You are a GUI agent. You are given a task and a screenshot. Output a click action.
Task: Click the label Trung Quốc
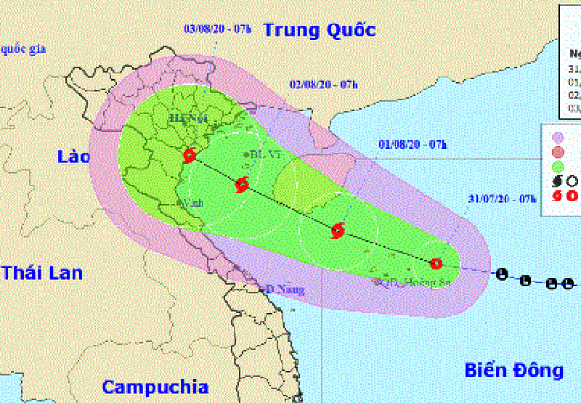click(320, 30)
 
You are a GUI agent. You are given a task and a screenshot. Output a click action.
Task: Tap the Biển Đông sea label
click(514, 370)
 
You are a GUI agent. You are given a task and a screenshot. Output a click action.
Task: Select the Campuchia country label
click(155, 386)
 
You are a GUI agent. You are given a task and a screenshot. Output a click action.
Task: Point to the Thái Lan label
click(41, 273)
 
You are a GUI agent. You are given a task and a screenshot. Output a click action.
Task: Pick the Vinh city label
click(192, 203)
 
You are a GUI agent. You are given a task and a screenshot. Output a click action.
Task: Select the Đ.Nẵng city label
click(279, 289)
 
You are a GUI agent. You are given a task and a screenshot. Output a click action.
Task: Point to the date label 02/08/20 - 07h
click(325, 84)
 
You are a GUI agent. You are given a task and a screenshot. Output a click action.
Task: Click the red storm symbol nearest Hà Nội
click(190, 155)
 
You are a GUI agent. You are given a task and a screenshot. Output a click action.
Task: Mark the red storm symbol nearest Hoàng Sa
click(436, 264)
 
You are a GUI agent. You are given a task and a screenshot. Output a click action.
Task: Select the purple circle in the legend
click(558, 137)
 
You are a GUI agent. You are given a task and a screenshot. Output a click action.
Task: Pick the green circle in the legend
click(558, 166)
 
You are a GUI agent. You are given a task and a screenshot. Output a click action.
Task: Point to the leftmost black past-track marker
click(501, 274)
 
